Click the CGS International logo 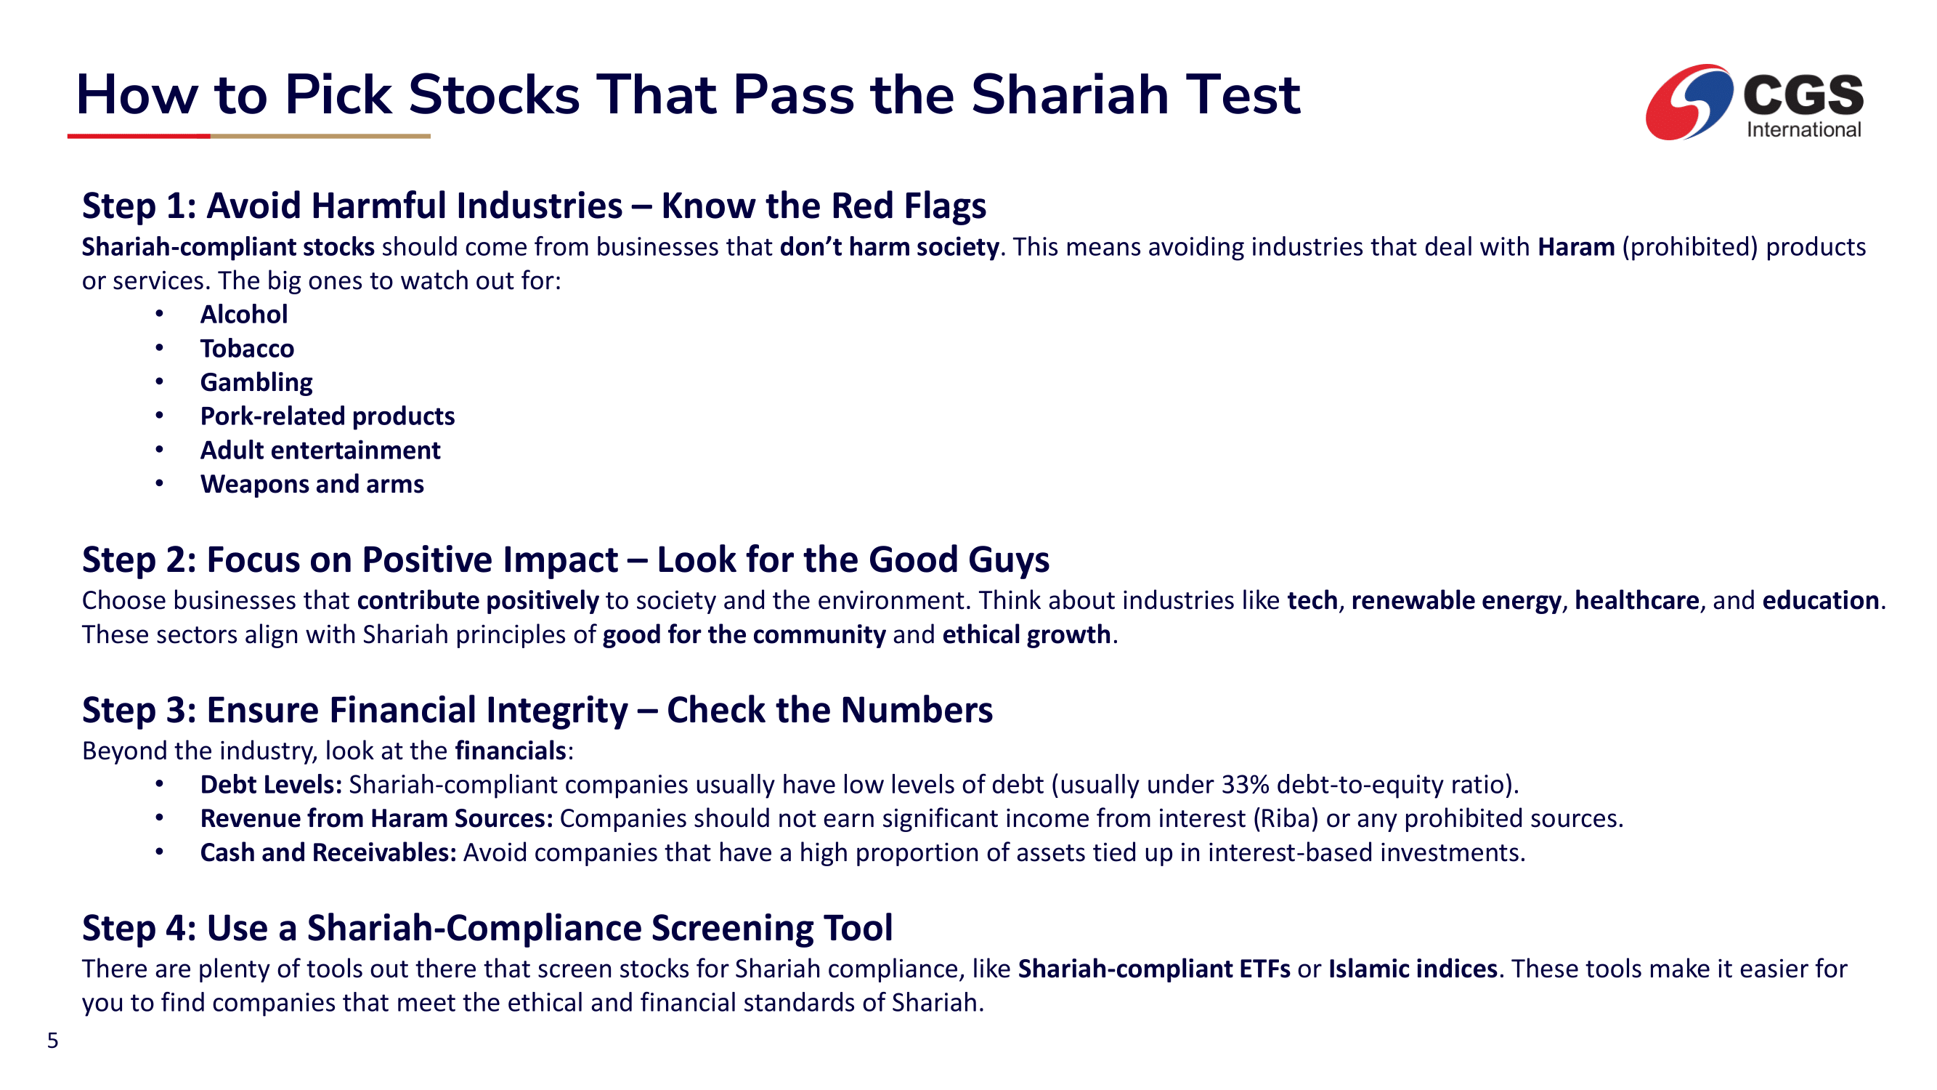click(1754, 102)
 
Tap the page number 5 click(52, 1041)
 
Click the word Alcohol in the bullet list click(243, 314)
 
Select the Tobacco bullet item click(247, 348)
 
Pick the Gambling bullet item click(256, 382)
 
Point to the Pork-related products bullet click(327, 416)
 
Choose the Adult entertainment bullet click(320, 450)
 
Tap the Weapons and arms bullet click(312, 484)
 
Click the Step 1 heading click(534, 206)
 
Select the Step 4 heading click(487, 927)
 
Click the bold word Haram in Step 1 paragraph click(1576, 247)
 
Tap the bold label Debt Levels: click(272, 785)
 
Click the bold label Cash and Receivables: click(328, 852)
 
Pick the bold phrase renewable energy click(1456, 600)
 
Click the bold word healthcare click(1637, 600)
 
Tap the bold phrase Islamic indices click(1413, 969)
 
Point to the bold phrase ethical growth click(1026, 635)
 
